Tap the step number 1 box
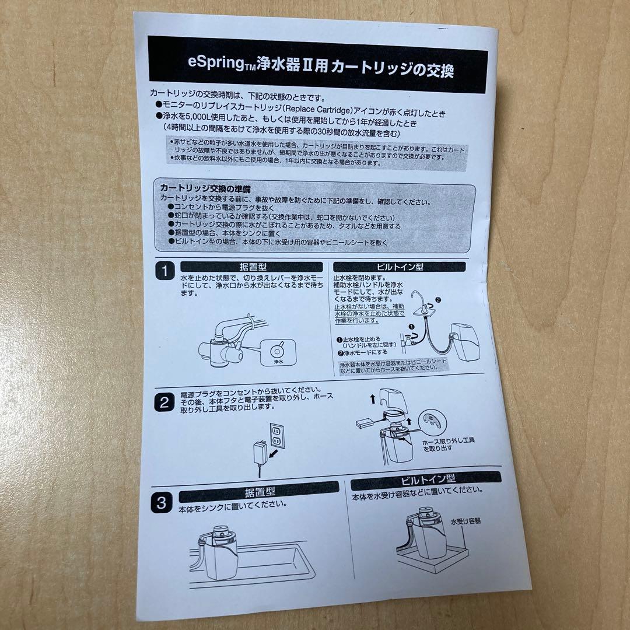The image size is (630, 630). pyautogui.click(x=166, y=271)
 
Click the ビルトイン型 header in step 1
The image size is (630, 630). pyautogui.click(x=400, y=267)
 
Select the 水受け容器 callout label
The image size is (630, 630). pyautogui.click(x=466, y=520)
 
